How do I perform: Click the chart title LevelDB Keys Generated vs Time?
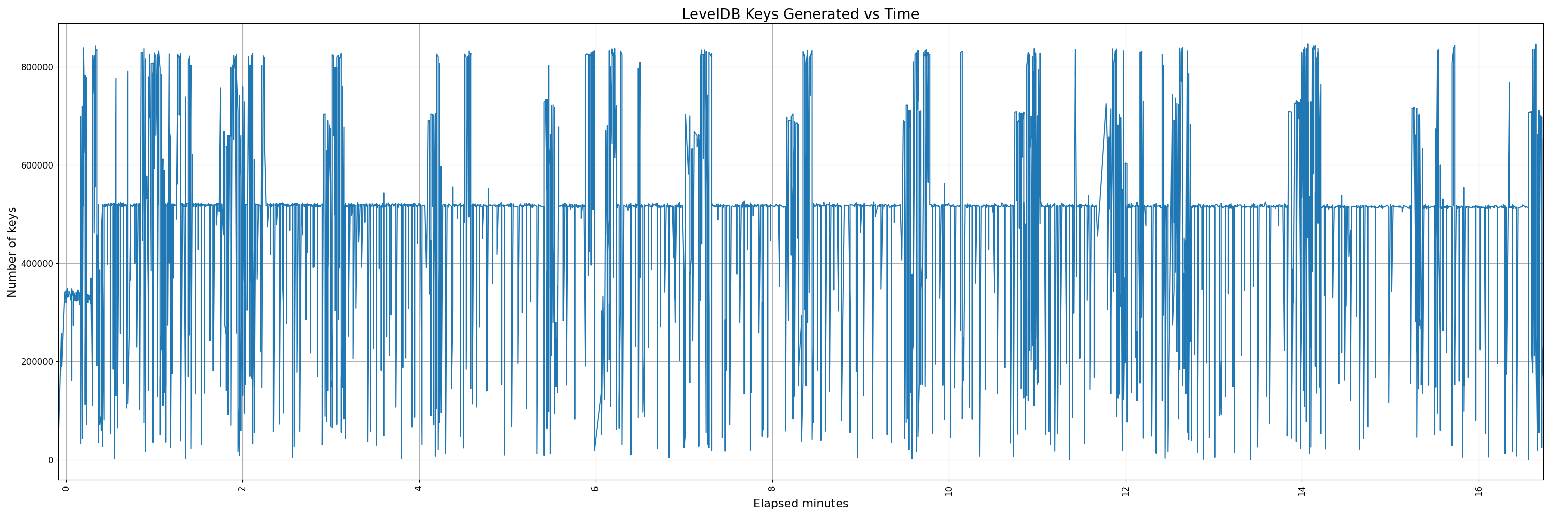click(800, 14)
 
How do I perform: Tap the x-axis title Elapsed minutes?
click(800, 503)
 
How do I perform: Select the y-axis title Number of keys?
click(12, 252)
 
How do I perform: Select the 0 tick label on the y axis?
click(51, 460)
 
